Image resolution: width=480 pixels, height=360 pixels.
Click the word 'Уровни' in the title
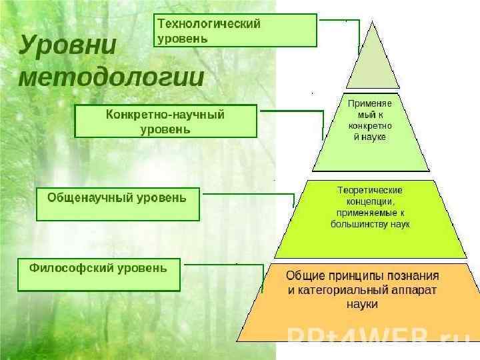67,45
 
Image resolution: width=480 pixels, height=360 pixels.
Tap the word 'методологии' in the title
111,77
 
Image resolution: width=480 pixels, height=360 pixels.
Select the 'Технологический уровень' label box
236,31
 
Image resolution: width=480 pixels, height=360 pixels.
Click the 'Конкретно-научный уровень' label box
165,121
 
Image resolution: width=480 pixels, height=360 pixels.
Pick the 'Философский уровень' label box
99,275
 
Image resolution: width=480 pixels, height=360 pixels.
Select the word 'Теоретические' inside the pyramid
370,190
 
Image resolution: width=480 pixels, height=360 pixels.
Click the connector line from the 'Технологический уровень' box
340,20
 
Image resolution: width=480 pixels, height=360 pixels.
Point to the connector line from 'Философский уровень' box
220,265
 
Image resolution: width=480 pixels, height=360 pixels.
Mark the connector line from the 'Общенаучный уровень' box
247,194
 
